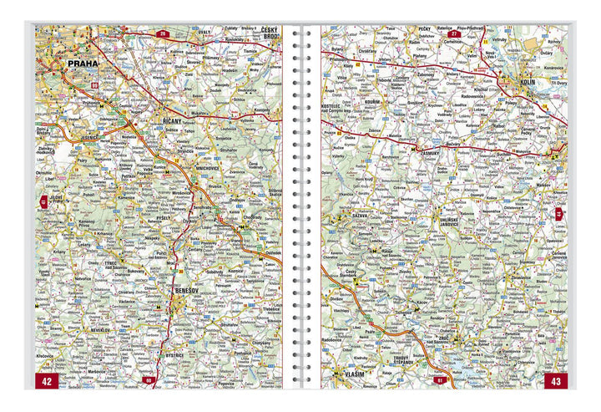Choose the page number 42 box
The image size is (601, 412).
pyautogui.click(x=47, y=380)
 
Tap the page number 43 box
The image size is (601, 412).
pyautogui.click(x=554, y=380)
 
